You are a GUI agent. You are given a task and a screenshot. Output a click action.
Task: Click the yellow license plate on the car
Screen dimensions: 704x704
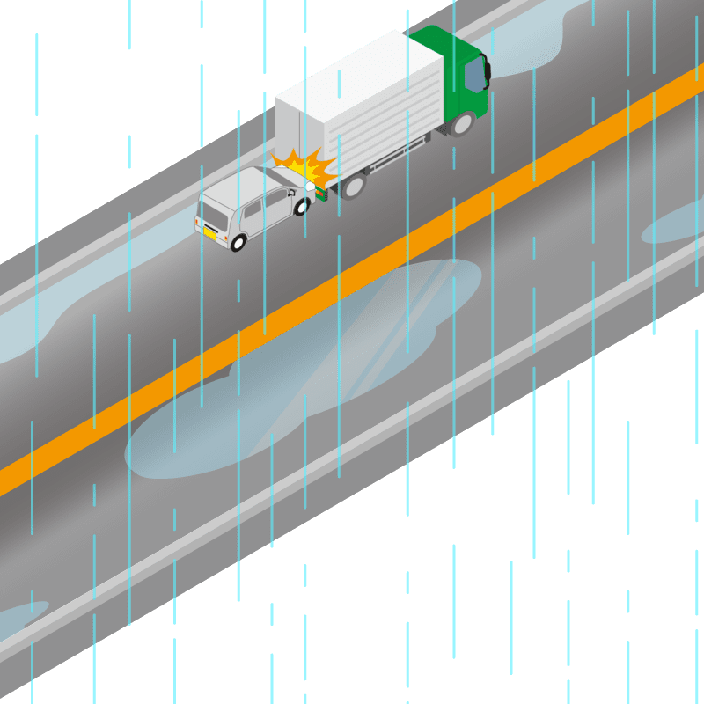tap(210, 233)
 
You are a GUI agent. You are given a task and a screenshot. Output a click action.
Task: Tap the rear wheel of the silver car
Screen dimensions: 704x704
tap(238, 241)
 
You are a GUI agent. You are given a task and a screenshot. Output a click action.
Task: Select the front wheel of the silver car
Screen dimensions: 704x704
tap(301, 208)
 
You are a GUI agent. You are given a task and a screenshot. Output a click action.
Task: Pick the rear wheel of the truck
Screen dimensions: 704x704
tap(353, 185)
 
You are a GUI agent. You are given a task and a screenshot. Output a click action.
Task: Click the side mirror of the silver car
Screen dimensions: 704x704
tap(291, 191)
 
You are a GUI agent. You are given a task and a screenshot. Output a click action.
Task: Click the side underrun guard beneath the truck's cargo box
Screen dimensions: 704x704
tap(387, 158)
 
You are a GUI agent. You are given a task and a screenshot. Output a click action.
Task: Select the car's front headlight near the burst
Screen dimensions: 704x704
tap(309, 187)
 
